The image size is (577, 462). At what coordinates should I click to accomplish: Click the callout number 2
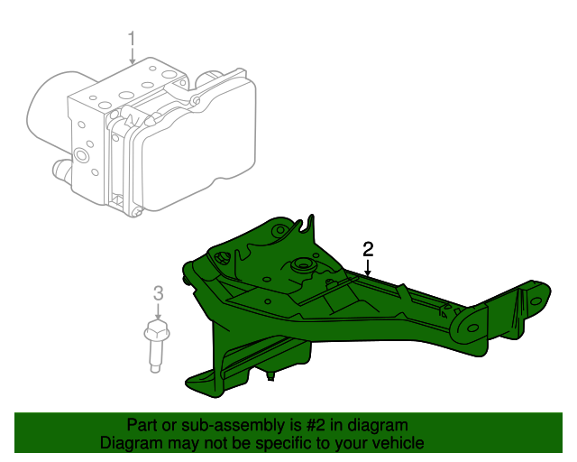point(368,249)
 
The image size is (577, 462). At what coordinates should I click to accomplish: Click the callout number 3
point(158,293)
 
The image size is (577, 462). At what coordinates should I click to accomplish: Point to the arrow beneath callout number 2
point(368,267)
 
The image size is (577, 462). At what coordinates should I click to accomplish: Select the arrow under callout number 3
point(159,311)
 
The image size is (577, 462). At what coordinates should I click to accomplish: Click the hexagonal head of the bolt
point(157,330)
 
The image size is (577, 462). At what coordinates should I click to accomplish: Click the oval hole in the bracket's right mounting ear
point(472,328)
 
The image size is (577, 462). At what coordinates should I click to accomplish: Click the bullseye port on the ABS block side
point(81,154)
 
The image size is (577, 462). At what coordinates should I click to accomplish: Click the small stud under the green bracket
point(270,375)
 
